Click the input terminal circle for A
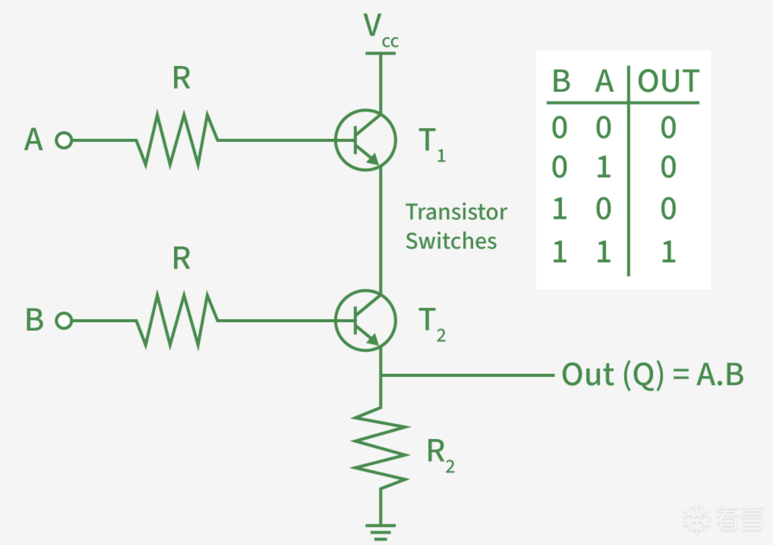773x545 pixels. [64, 140]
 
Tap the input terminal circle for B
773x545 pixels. [64, 321]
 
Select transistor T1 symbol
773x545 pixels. [365, 140]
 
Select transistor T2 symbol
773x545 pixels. [365, 321]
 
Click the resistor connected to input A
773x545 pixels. [177, 140]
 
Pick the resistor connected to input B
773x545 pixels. [177, 321]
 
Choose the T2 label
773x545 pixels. [432, 324]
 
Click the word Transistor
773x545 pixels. [456, 212]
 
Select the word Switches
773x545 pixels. [451, 241]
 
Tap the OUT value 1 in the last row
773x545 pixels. [668, 252]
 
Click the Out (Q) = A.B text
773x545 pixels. [652, 375]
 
